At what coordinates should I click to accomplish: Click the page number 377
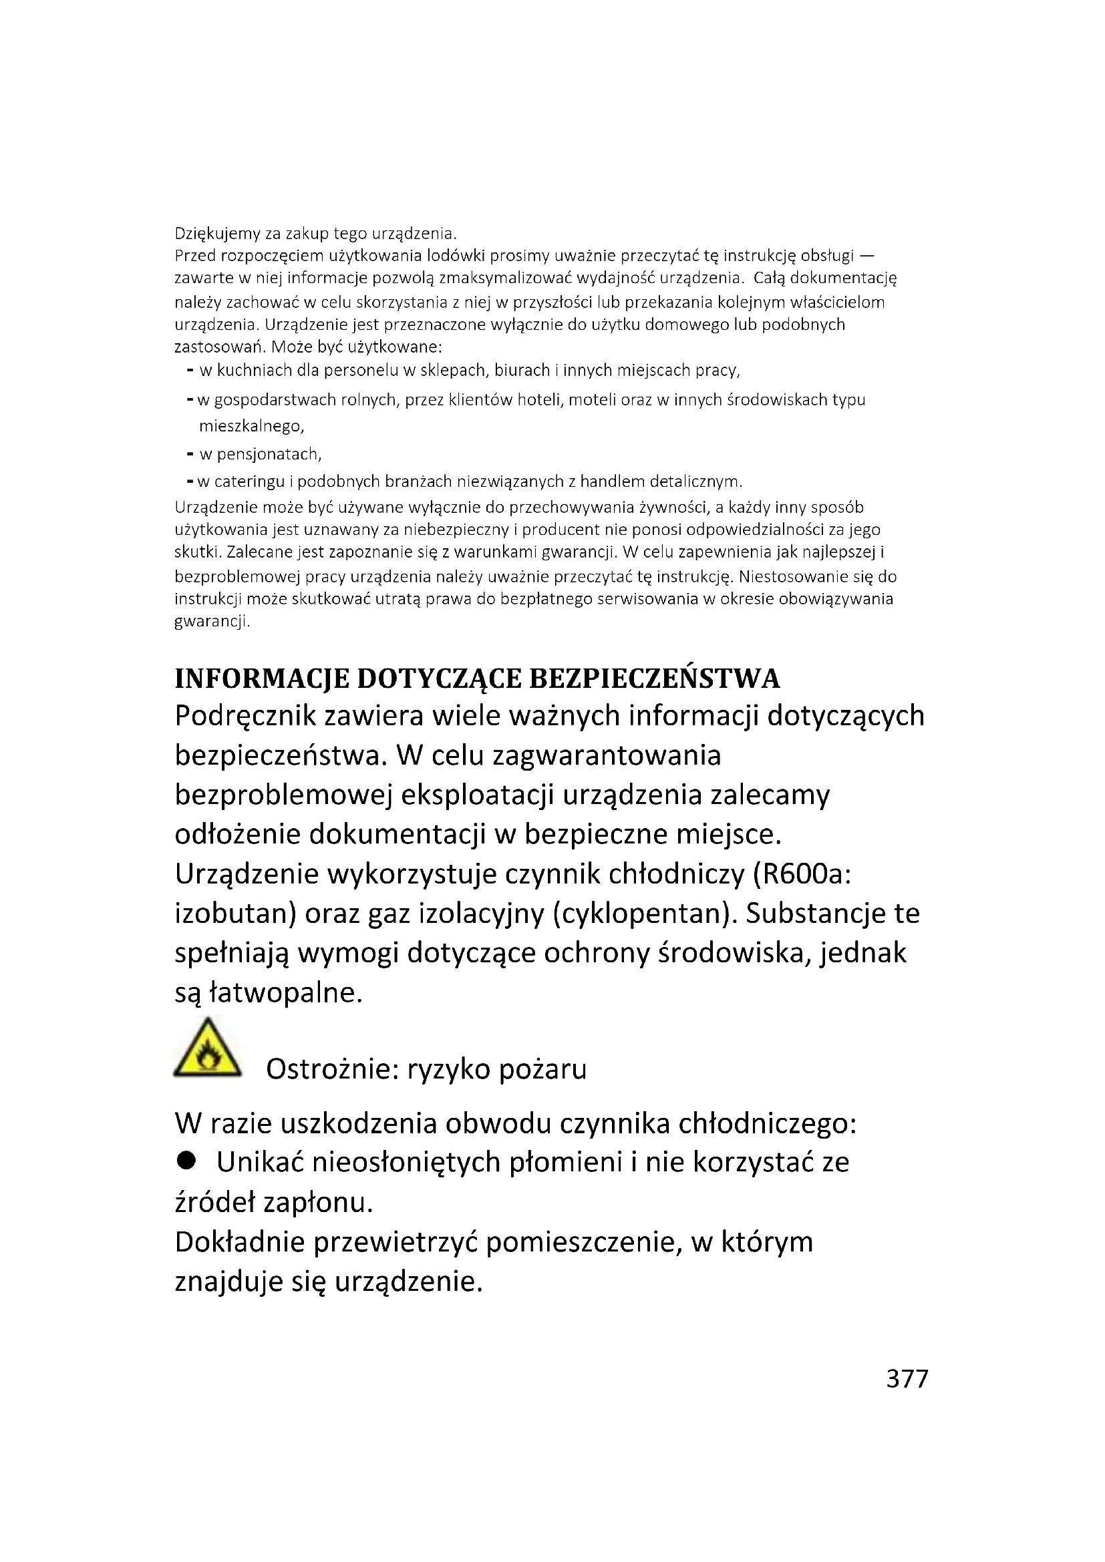point(907,1378)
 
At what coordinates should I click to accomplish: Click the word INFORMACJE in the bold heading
point(261,679)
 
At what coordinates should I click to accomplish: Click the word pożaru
point(542,1069)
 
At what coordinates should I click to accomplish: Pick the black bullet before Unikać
point(186,1161)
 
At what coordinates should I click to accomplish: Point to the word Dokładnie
point(240,1242)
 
